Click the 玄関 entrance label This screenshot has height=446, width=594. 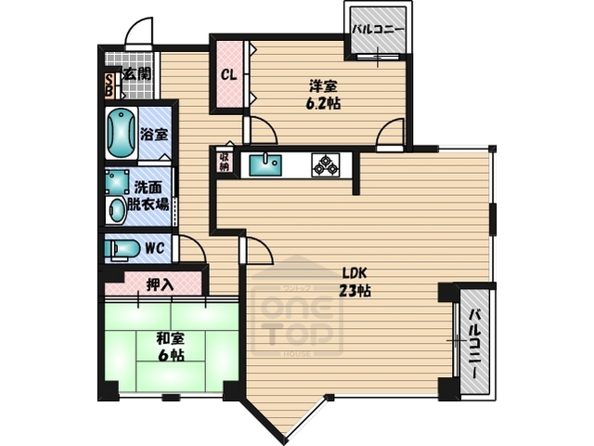click(x=138, y=73)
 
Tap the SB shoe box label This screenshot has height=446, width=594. click(x=110, y=85)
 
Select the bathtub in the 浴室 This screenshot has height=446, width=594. click(x=120, y=133)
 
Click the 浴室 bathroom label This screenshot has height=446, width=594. click(x=153, y=134)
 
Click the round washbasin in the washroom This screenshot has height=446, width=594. click(x=117, y=209)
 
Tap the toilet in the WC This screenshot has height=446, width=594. click(x=122, y=249)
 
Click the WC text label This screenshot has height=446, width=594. click(x=155, y=249)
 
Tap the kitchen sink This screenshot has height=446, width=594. click(x=266, y=164)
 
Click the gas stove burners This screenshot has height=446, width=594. click(x=325, y=164)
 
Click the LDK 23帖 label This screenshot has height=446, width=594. click(x=356, y=282)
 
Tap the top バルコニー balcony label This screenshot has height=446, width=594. click(x=377, y=29)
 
